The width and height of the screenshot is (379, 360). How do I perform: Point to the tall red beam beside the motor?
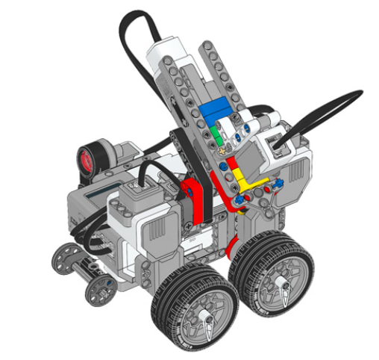(196, 202)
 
